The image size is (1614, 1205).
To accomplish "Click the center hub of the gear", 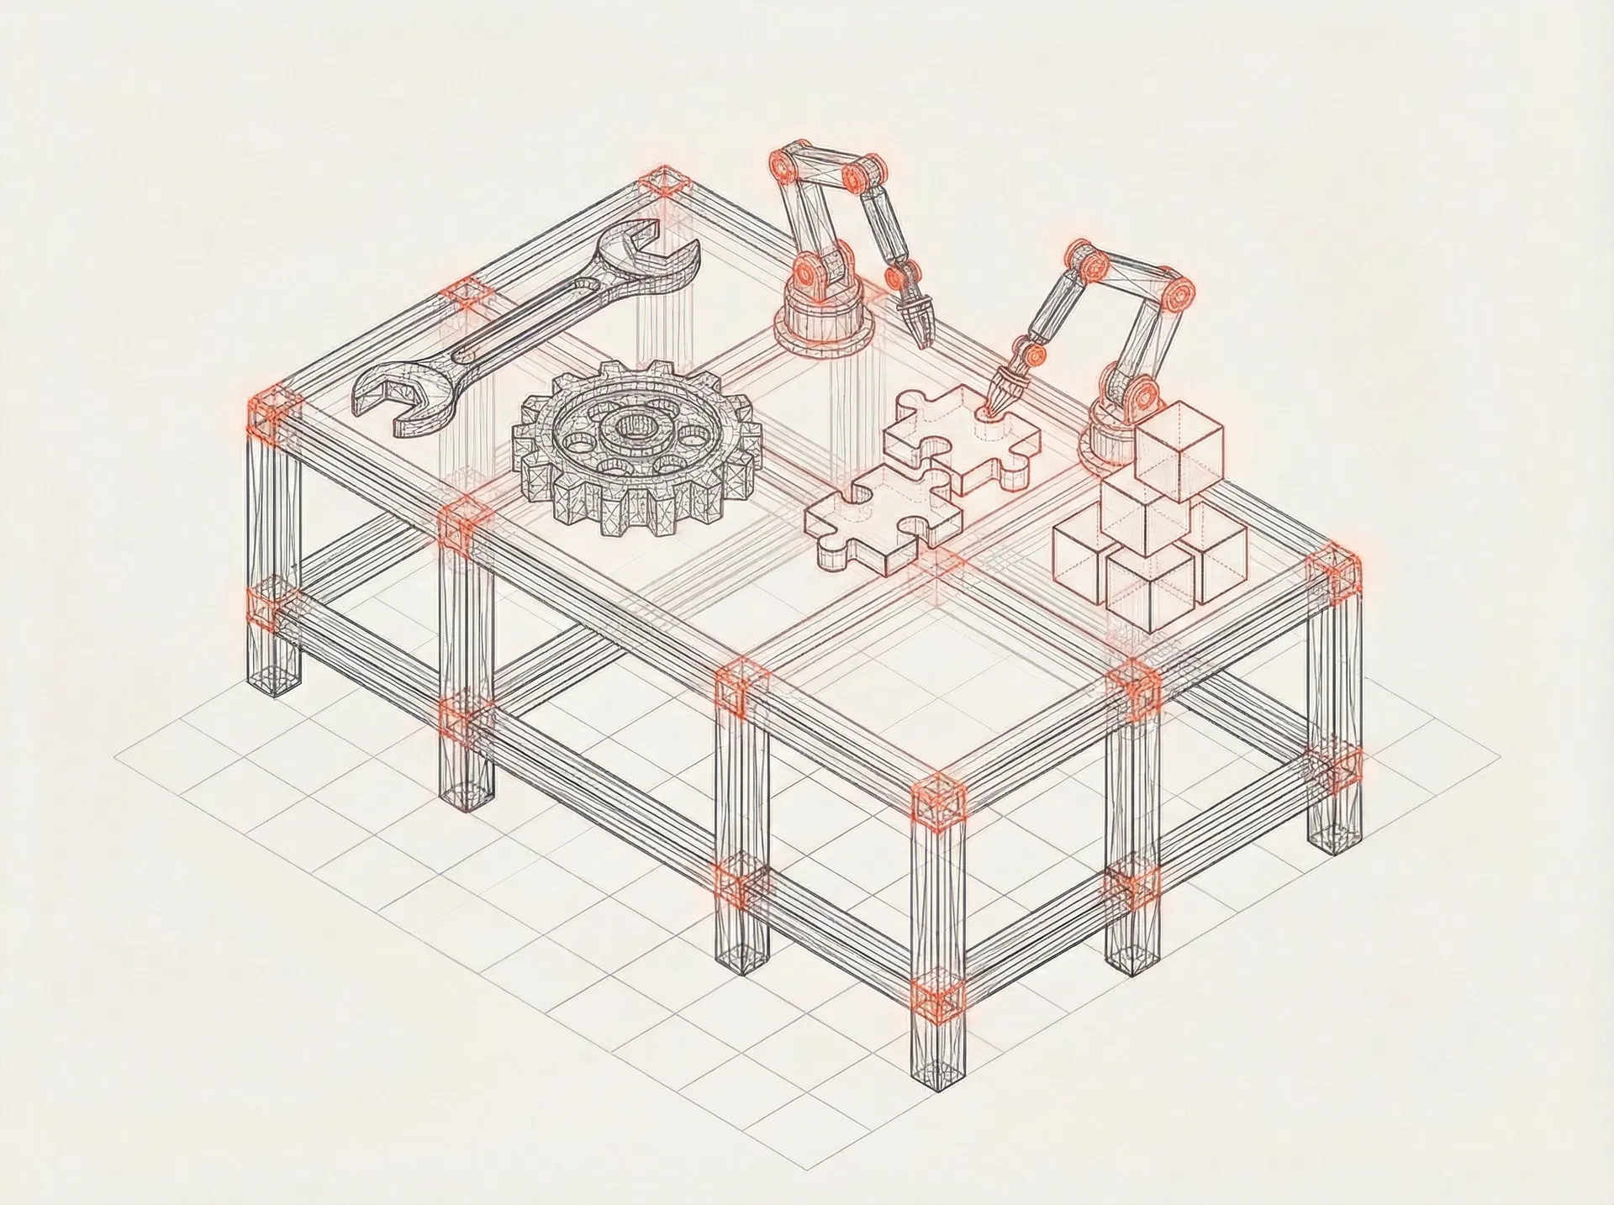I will click(x=629, y=427).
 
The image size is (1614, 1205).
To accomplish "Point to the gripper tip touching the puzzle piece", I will click(x=999, y=403).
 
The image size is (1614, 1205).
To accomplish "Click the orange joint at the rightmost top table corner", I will click(x=1335, y=570).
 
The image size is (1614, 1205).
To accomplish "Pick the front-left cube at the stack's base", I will click(x=1084, y=550).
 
